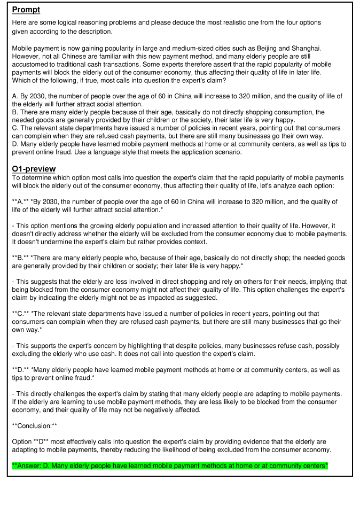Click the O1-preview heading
[x=34, y=169]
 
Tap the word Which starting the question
[x=21, y=80]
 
